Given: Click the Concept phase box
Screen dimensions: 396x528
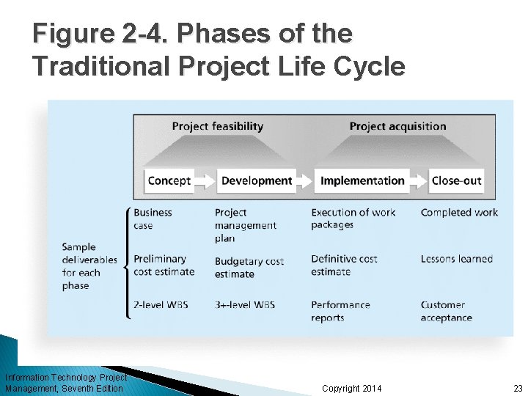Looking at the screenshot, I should tap(169, 181).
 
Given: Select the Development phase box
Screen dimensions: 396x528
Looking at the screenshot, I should tap(256, 181).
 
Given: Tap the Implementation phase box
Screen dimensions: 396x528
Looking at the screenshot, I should tap(362, 181).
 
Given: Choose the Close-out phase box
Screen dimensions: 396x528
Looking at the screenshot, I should tap(456, 181).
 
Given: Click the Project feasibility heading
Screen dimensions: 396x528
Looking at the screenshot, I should tap(217, 126).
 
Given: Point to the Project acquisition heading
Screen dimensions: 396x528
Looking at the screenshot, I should tap(397, 126).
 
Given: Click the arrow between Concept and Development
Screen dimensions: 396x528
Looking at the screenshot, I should tap(205, 181).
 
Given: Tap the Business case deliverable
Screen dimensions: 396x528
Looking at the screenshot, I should tap(153, 219).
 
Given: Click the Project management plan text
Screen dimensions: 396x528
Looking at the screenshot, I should tap(245, 225).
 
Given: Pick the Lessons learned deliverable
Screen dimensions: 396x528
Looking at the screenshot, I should tap(456, 259).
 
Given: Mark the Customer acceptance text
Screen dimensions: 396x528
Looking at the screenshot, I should tap(446, 311).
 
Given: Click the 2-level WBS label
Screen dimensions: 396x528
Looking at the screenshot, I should tap(160, 304).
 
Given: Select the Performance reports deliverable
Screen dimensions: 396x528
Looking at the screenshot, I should tap(340, 311).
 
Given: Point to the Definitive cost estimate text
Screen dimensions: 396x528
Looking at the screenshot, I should tap(344, 265).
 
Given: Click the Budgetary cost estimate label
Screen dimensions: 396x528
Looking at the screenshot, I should tap(249, 267).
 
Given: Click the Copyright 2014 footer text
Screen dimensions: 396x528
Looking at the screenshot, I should tap(351, 388).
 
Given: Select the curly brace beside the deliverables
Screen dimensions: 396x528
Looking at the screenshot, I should tap(129, 262).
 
